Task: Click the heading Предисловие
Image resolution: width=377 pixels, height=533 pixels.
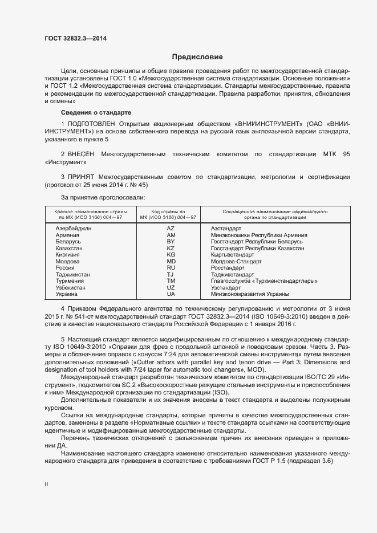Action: (x=197, y=57)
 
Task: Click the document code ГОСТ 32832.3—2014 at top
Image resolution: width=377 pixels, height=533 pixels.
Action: (x=75, y=39)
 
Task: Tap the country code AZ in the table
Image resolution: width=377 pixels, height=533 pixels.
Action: (x=171, y=229)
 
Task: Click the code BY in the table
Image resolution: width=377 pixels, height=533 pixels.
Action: (x=171, y=242)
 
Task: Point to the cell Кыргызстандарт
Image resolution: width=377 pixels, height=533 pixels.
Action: (x=233, y=255)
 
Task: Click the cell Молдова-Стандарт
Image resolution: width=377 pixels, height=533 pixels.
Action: (x=236, y=262)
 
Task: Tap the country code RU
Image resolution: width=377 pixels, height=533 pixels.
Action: (x=171, y=268)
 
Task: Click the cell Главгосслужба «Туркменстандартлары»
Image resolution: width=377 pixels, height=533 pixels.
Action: (x=264, y=281)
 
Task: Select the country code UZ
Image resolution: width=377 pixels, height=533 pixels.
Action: (x=171, y=288)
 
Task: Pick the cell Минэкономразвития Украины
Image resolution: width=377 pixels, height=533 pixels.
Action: (x=250, y=294)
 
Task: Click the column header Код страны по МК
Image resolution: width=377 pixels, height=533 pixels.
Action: (x=171, y=214)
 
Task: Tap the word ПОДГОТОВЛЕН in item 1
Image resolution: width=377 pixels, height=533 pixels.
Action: (x=91, y=123)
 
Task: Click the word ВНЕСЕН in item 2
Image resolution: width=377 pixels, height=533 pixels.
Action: (x=81, y=154)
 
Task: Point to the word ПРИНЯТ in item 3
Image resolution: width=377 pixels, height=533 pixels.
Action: (x=80, y=177)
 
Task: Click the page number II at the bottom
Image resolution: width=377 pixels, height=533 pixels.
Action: (x=46, y=484)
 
